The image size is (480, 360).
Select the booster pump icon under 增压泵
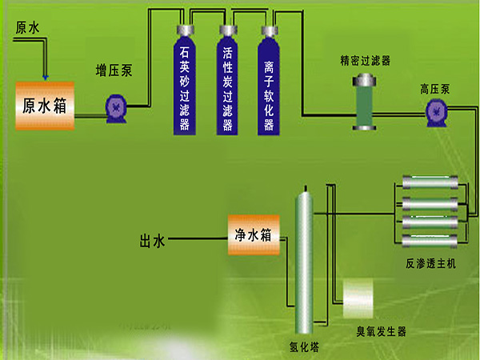pyautogui.click(x=116, y=105)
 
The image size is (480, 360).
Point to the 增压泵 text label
pyautogui.click(x=114, y=70)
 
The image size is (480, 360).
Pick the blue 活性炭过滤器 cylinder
pyautogui.click(x=227, y=80)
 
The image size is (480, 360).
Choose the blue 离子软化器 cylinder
pyautogui.click(x=269, y=80)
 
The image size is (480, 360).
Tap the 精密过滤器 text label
pyautogui.click(x=365, y=60)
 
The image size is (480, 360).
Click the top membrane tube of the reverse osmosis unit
pyautogui.click(x=429, y=179)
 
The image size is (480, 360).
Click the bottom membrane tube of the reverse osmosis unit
pyautogui.click(x=429, y=238)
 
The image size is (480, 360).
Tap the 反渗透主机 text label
pyautogui.click(x=430, y=263)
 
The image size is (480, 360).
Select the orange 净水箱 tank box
pyautogui.click(x=254, y=235)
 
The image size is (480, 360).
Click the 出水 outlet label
pyautogui.click(x=152, y=238)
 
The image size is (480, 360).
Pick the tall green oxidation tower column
pyautogui.click(x=302, y=260)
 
